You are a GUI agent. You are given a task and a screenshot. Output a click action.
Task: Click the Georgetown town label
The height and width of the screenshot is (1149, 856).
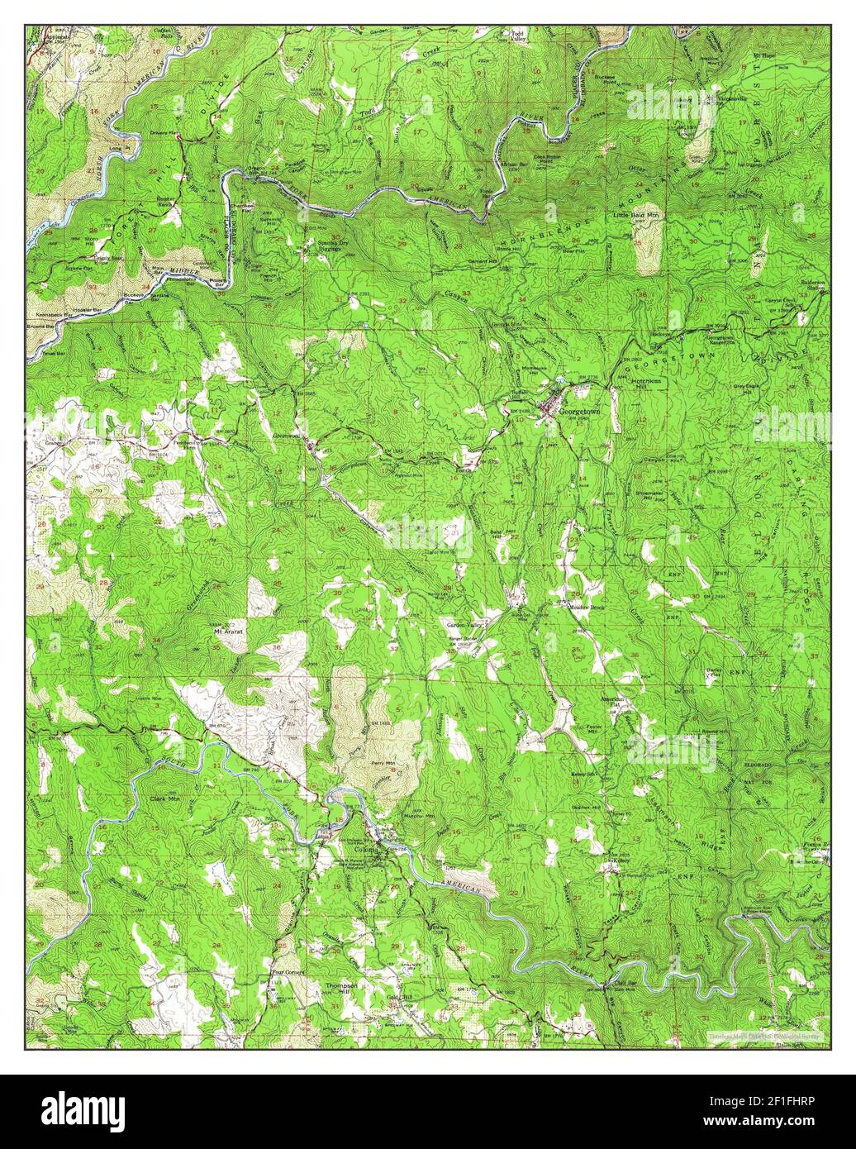click(583, 410)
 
